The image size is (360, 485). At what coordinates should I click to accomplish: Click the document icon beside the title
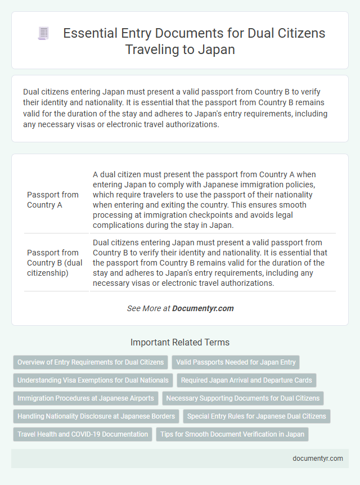[x=43, y=34]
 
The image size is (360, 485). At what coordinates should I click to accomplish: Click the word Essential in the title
[x=88, y=33]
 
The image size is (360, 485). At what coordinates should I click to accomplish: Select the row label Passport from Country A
[x=53, y=199]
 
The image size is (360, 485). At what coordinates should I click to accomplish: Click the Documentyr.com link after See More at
[x=202, y=308]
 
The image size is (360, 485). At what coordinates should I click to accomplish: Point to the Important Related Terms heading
[x=180, y=342]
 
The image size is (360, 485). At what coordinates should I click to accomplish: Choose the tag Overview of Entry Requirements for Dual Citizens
[x=91, y=362]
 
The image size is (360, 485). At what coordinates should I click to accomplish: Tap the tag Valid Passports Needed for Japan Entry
[x=236, y=362]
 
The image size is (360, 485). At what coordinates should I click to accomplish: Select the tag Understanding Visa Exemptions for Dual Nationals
[x=93, y=380]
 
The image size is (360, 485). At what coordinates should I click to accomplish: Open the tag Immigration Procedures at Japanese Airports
[x=85, y=398]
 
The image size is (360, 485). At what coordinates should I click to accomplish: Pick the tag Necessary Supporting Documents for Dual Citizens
[x=243, y=398]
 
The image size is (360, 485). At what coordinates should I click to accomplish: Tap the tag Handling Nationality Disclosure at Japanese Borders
[x=96, y=416]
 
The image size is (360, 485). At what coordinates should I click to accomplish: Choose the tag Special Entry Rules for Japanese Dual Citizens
[x=256, y=416]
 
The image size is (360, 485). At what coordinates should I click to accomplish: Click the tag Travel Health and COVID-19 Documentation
[x=83, y=434]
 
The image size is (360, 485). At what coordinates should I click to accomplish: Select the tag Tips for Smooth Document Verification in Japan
[x=232, y=434]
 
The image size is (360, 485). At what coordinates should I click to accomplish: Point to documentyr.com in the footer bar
[x=318, y=459]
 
